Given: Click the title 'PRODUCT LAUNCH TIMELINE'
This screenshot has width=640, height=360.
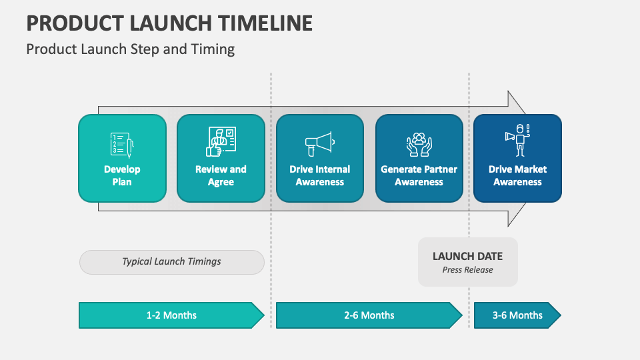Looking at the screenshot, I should point(169,23).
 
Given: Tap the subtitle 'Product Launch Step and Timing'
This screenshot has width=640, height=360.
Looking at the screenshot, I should point(131,49).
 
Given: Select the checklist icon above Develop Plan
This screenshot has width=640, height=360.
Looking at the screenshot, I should point(122,143).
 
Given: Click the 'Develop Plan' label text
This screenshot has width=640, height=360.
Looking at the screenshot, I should point(122,175).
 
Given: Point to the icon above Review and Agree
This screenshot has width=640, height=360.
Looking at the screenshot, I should point(221,141).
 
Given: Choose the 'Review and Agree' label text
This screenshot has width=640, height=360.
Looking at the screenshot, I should point(221,175).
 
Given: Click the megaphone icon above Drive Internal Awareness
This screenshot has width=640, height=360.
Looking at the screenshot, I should point(319,142).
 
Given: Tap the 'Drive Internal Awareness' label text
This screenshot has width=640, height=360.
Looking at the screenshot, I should point(319,175).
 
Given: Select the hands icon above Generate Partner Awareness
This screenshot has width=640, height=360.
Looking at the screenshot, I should point(419,143).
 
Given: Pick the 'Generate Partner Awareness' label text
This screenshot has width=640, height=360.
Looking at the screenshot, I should point(419,175).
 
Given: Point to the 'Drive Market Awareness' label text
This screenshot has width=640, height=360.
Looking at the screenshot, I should point(517,175).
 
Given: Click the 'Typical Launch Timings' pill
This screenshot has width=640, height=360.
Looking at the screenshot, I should point(171,262).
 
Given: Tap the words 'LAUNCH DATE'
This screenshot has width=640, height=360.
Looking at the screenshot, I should point(467,256).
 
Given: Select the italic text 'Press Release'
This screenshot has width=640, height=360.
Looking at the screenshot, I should point(467,270).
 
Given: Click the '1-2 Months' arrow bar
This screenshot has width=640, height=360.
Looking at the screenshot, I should point(171,315).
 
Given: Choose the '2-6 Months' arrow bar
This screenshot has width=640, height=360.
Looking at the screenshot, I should point(369,315).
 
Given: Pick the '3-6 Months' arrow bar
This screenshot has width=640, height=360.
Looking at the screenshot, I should point(517,315).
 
